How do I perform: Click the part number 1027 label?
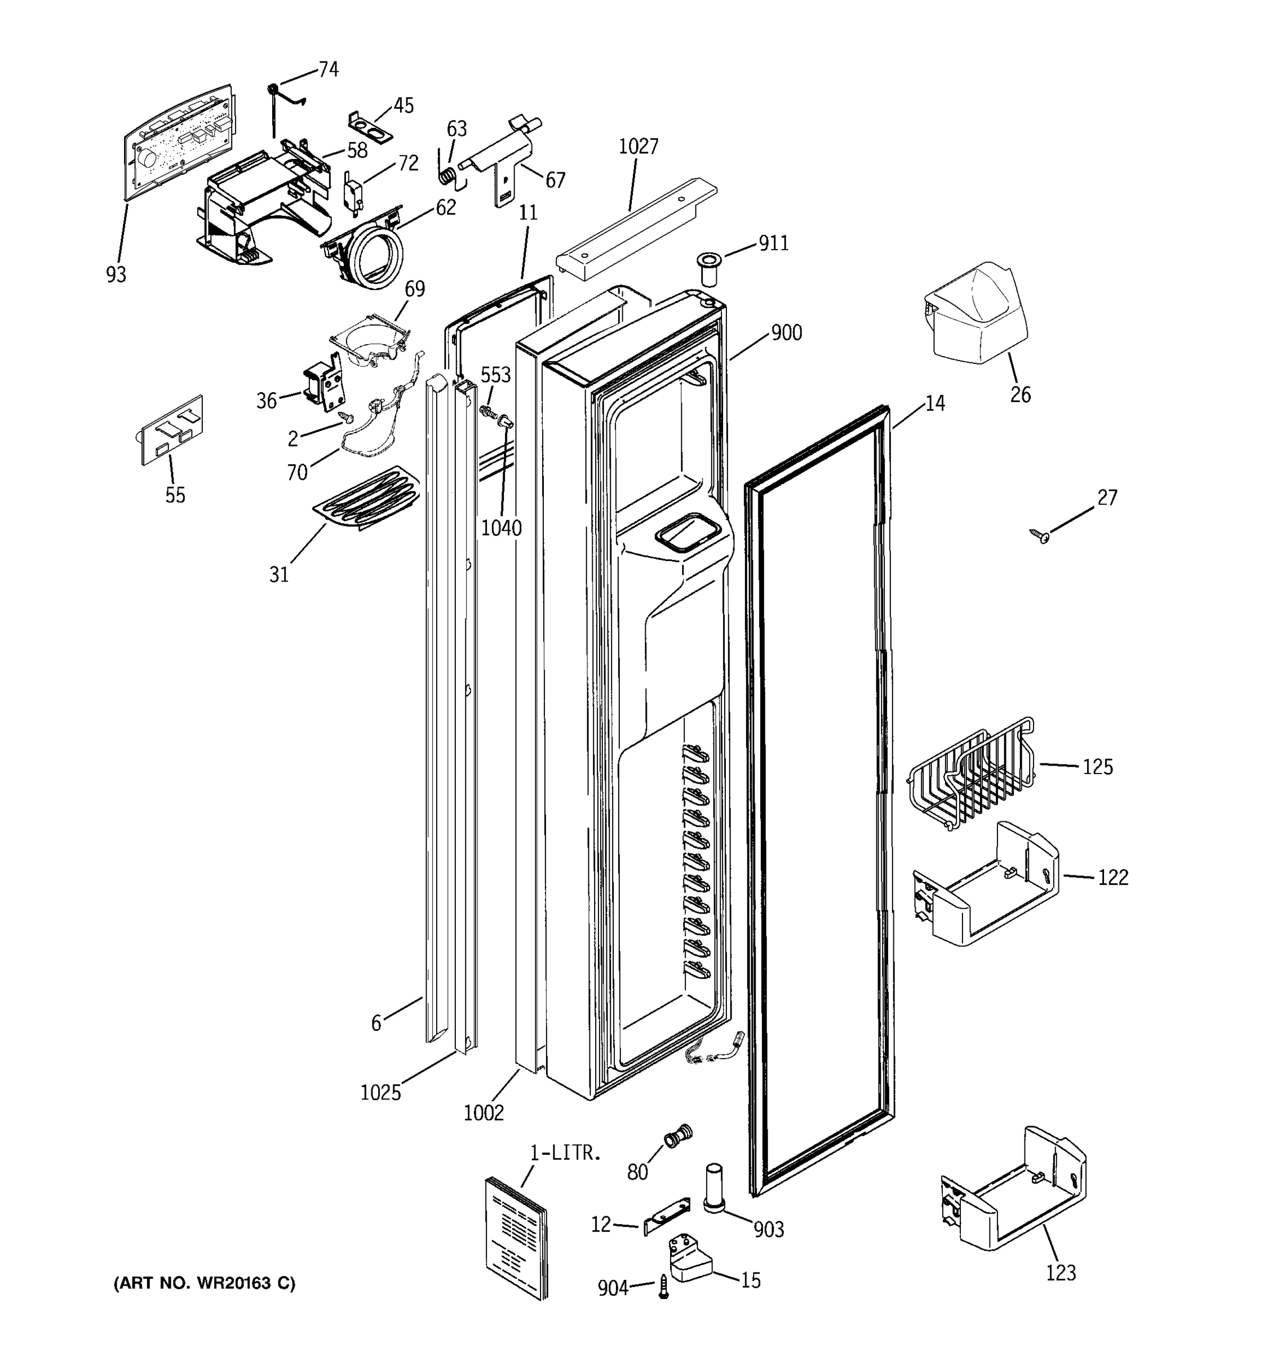638,146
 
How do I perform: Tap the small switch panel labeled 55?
172,430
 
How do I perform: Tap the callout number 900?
786,332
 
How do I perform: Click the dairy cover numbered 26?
976,313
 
